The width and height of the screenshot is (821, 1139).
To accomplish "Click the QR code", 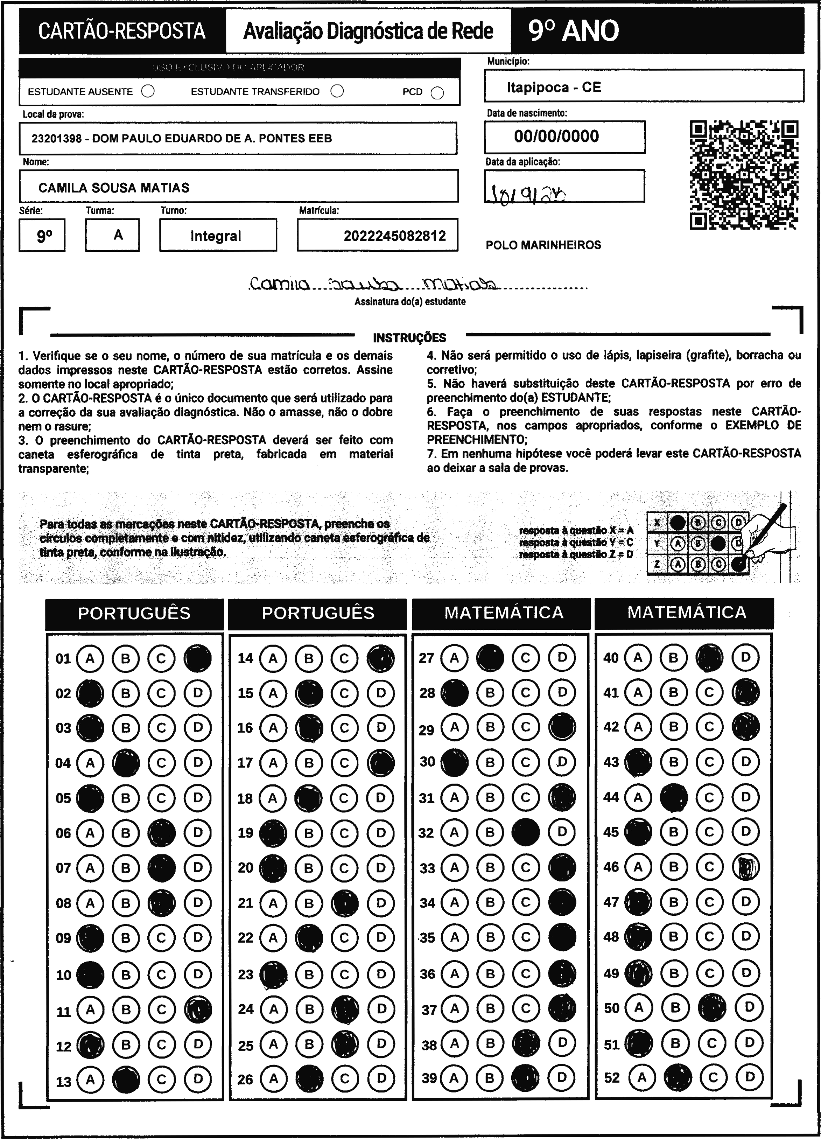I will (x=744, y=174).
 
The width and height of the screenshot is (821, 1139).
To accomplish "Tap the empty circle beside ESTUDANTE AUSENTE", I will (x=148, y=91).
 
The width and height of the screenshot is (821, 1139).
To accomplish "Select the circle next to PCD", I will (x=437, y=93).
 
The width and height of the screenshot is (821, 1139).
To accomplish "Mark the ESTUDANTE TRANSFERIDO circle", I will (x=337, y=91).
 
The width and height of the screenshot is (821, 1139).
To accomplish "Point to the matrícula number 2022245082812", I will (x=395, y=236).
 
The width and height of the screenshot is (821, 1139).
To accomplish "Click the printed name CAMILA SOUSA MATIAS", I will (x=114, y=188).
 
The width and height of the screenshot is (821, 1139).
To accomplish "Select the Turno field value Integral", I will (x=216, y=236).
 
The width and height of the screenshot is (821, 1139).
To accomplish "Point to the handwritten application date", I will (x=528, y=191).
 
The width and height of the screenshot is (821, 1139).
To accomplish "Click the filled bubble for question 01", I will (x=197, y=658).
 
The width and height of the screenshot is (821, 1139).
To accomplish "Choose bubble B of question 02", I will (x=126, y=693).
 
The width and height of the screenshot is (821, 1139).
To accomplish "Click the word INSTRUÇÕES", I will (x=409, y=337).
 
